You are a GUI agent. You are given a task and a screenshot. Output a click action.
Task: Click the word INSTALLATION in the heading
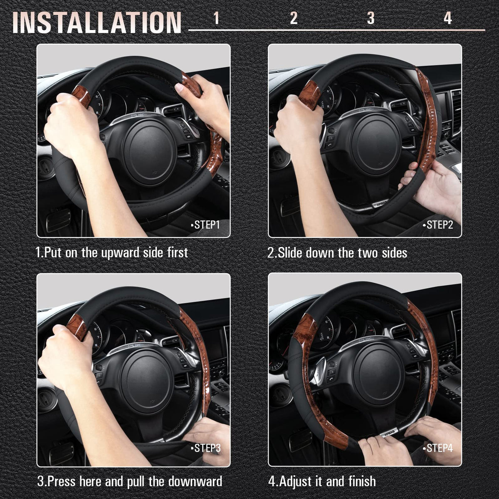(x=97, y=23)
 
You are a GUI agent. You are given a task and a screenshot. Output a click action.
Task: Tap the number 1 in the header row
(x=216, y=18)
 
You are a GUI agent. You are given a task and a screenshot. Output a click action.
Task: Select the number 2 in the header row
(x=294, y=18)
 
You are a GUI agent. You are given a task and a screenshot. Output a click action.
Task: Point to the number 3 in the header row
(x=371, y=18)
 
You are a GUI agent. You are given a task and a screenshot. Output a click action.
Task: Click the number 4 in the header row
(x=448, y=18)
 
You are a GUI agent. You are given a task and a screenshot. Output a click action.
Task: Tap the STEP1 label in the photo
(x=205, y=225)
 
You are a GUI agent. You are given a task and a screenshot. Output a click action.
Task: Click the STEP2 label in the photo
(x=438, y=225)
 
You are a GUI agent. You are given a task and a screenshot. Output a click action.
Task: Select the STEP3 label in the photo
(x=205, y=448)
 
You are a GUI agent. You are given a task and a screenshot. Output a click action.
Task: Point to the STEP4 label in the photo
(x=438, y=448)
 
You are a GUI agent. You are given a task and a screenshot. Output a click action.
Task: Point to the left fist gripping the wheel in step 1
(x=71, y=124)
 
